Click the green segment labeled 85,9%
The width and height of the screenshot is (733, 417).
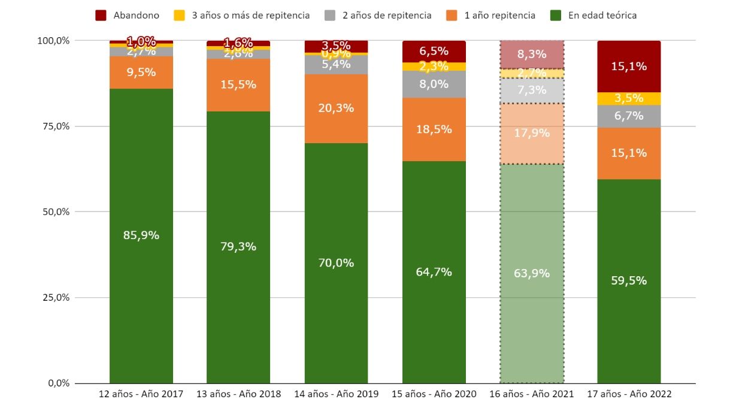[x=141, y=235]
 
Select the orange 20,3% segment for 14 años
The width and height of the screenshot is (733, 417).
[x=336, y=108]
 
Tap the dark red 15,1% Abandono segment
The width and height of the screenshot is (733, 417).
[x=629, y=67]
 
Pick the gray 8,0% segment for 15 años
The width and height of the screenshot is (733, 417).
[x=434, y=84]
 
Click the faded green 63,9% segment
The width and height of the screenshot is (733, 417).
[x=532, y=273]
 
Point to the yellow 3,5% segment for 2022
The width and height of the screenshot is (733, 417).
[x=629, y=98]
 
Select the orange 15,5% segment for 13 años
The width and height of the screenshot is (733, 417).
[x=238, y=85]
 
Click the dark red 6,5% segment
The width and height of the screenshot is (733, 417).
[x=434, y=52]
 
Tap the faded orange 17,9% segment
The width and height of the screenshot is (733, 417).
[x=532, y=133]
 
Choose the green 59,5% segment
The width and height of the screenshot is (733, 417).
[x=629, y=280]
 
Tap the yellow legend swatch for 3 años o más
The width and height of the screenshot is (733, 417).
[x=179, y=16]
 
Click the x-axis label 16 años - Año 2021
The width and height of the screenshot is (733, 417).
[x=532, y=394]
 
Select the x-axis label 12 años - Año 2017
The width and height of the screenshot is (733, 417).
[x=141, y=394]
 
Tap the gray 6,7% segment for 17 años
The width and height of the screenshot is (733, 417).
[x=629, y=116]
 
